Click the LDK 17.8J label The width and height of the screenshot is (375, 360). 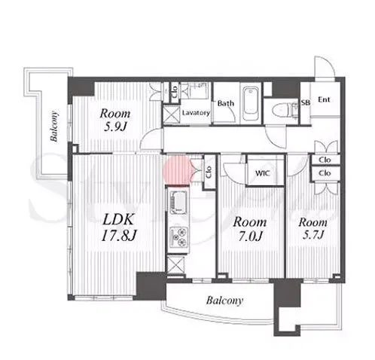tap(119, 227)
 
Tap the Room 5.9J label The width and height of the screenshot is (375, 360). tap(115, 121)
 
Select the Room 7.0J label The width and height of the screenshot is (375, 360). tap(250, 229)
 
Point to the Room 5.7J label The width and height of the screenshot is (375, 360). tap(313, 229)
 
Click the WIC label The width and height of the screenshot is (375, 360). tap(263, 173)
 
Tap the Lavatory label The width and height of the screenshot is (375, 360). tap(196, 113)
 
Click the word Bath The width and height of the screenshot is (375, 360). tap(226, 103)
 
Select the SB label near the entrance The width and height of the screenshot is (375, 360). tap(306, 102)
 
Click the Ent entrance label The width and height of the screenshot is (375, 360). tap(324, 99)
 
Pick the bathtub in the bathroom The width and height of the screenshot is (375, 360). tap(251, 104)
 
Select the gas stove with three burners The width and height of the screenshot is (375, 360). tap(178, 236)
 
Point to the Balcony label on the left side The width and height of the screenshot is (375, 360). tap(54, 126)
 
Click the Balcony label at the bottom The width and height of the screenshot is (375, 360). tap(224, 301)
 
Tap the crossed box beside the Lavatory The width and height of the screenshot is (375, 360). tap(172, 114)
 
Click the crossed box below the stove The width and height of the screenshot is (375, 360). tap(175, 264)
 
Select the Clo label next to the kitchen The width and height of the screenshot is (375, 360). tap(209, 172)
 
